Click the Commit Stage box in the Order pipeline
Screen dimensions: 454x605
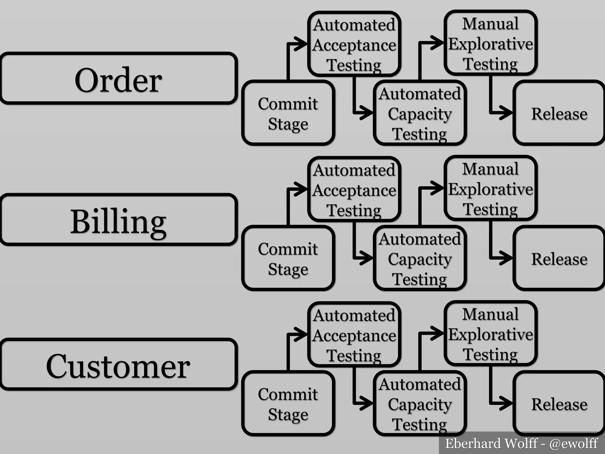288,113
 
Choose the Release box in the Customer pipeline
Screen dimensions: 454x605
559,404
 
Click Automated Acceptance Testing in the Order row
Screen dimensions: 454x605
354,44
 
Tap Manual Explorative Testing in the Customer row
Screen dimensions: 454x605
490,334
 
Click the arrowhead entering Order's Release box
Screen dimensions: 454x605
506,113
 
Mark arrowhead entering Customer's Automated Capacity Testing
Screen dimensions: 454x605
367,403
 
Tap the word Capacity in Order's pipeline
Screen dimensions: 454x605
420,114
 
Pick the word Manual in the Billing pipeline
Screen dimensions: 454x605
490,169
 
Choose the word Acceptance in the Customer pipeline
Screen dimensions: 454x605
354,336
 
